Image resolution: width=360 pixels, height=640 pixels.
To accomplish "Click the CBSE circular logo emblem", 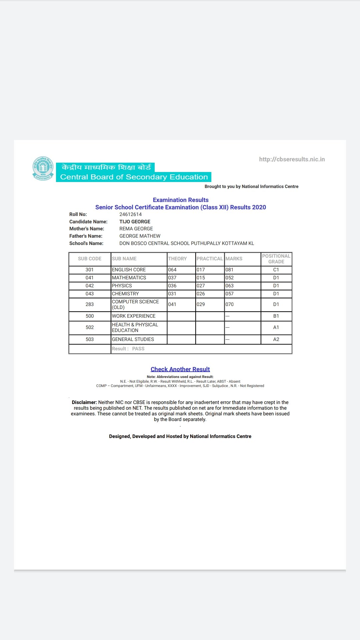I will (x=43, y=169).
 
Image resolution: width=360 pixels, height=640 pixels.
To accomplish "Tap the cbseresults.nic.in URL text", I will (x=292, y=159).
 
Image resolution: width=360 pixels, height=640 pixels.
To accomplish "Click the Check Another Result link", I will (x=180, y=369).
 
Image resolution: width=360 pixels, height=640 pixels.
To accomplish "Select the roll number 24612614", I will (x=130, y=214).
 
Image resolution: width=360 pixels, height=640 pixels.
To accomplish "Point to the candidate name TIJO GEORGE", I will (x=135, y=222).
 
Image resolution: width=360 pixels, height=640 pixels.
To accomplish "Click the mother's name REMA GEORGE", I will (x=136, y=229).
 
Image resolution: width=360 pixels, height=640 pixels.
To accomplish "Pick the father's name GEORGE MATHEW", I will (x=140, y=236).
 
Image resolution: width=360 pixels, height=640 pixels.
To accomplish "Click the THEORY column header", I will (x=177, y=259).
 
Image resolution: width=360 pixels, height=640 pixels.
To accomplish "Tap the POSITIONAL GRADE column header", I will (x=276, y=259).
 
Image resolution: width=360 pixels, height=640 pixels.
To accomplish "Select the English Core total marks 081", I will (x=230, y=270).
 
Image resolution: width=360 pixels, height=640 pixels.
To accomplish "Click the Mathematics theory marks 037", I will (x=172, y=278).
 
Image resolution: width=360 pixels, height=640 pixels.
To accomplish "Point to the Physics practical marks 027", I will (x=201, y=286).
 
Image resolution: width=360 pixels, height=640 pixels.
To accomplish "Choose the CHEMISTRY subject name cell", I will (x=125, y=294).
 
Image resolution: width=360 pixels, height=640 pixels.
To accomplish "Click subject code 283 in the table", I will (x=90, y=304).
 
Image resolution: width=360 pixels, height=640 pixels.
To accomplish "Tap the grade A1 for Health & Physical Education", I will (x=276, y=327).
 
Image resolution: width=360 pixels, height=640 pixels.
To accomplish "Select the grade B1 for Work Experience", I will (x=276, y=316).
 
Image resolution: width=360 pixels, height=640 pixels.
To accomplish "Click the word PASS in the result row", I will (x=138, y=349).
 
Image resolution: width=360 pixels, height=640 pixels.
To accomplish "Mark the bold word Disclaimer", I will (x=84, y=402).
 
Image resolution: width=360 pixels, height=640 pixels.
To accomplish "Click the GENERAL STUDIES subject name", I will (x=133, y=339).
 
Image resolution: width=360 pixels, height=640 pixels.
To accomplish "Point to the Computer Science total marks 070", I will (x=230, y=304).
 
